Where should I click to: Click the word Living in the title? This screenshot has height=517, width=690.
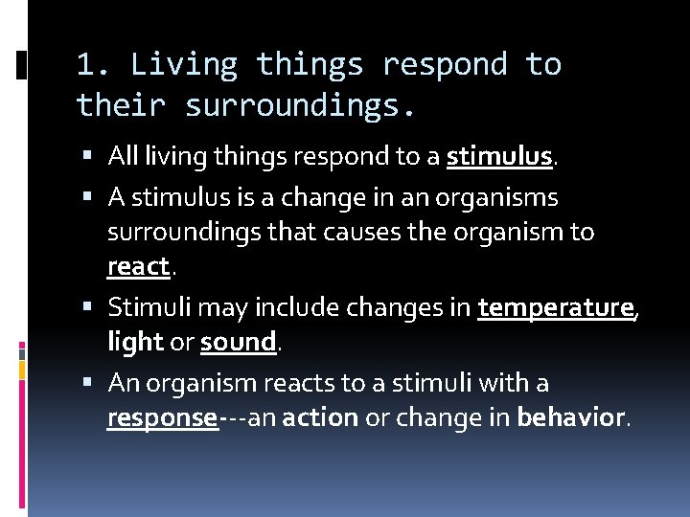tap(184, 65)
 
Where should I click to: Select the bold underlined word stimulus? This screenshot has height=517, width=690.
tap(499, 156)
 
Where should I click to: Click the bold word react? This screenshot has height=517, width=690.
tap(138, 267)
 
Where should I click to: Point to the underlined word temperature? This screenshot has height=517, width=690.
tap(556, 307)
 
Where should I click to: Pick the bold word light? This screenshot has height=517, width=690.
tap(134, 342)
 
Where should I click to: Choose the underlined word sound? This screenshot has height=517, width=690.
tap(238, 342)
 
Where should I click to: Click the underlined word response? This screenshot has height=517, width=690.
tap(162, 418)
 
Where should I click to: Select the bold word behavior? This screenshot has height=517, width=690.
tap(570, 418)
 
